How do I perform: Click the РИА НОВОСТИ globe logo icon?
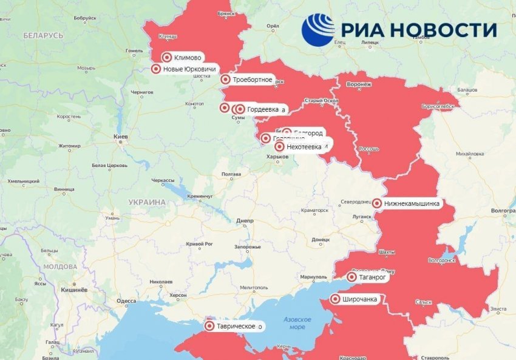(318, 30)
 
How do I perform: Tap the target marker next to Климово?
(167, 58)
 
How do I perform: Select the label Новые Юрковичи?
(190, 69)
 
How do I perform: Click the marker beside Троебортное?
(225, 80)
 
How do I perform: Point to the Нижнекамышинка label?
(412, 203)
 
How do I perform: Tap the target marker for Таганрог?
(352, 277)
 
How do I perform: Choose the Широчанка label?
(359, 299)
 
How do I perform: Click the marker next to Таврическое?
(210, 326)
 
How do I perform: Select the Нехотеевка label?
(304, 146)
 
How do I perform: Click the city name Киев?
(121, 137)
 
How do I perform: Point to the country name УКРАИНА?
(146, 202)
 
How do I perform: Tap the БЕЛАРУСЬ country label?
(43, 36)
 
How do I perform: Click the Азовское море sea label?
(297, 323)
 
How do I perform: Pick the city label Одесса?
(126, 301)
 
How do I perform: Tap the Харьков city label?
(277, 157)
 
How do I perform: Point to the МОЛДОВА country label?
(60, 267)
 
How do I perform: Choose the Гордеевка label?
(263, 109)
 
